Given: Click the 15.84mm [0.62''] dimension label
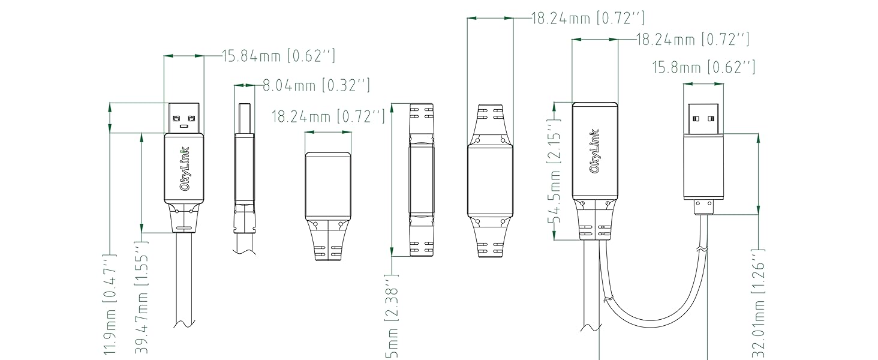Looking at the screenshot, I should (x=278, y=56).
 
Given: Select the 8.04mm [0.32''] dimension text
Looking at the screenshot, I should (x=316, y=86).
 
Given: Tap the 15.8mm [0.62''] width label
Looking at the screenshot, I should (x=703, y=68).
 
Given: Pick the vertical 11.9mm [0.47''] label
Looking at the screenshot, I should (x=109, y=305).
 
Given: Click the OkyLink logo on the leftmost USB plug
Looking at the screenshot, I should (x=184, y=169).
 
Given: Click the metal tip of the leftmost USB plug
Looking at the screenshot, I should (x=184, y=118).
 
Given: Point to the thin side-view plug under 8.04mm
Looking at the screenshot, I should (x=244, y=168).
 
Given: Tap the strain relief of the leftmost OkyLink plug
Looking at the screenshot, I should (x=184, y=219).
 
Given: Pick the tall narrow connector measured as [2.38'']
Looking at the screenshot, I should (x=421, y=180).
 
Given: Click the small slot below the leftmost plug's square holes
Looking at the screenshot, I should (x=184, y=127).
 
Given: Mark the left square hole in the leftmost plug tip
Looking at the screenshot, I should (x=176, y=117).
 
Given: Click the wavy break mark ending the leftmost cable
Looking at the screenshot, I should (x=184, y=324).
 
